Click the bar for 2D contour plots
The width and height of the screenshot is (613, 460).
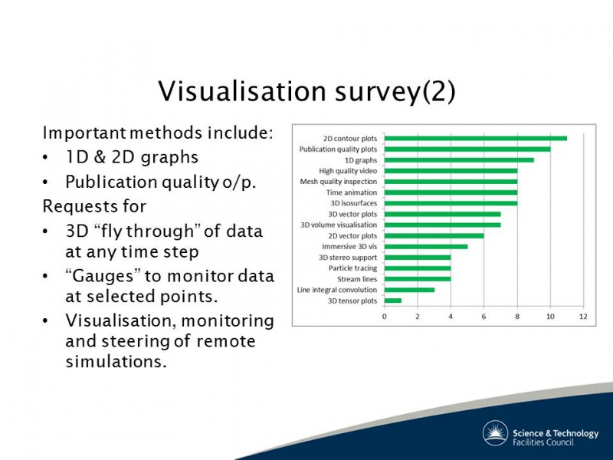click(x=475, y=138)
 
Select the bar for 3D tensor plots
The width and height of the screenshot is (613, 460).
click(x=393, y=301)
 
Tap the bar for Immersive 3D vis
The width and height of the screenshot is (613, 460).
click(x=426, y=246)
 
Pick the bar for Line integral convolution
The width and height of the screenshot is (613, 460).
click(x=409, y=290)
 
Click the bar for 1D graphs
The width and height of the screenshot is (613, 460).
click(x=459, y=159)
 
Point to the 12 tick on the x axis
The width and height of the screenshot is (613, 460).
click(x=583, y=316)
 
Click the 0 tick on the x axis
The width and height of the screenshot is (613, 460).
click(x=385, y=316)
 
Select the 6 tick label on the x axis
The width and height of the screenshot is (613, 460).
click(x=484, y=316)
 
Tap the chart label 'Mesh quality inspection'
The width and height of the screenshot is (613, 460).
click(x=339, y=182)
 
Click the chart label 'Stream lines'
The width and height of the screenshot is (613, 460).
click(x=357, y=279)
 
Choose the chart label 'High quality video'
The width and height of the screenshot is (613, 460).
click(x=348, y=171)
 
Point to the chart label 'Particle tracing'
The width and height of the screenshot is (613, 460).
click(x=352, y=268)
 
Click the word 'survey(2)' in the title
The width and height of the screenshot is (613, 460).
click(x=395, y=92)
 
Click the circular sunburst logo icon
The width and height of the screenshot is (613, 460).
click(x=495, y=433)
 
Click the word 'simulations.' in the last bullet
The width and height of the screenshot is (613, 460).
click(x=116, y=361)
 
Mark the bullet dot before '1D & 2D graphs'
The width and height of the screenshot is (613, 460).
click(x=46, y=158)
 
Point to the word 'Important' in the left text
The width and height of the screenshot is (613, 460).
click(x=84, y=133)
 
